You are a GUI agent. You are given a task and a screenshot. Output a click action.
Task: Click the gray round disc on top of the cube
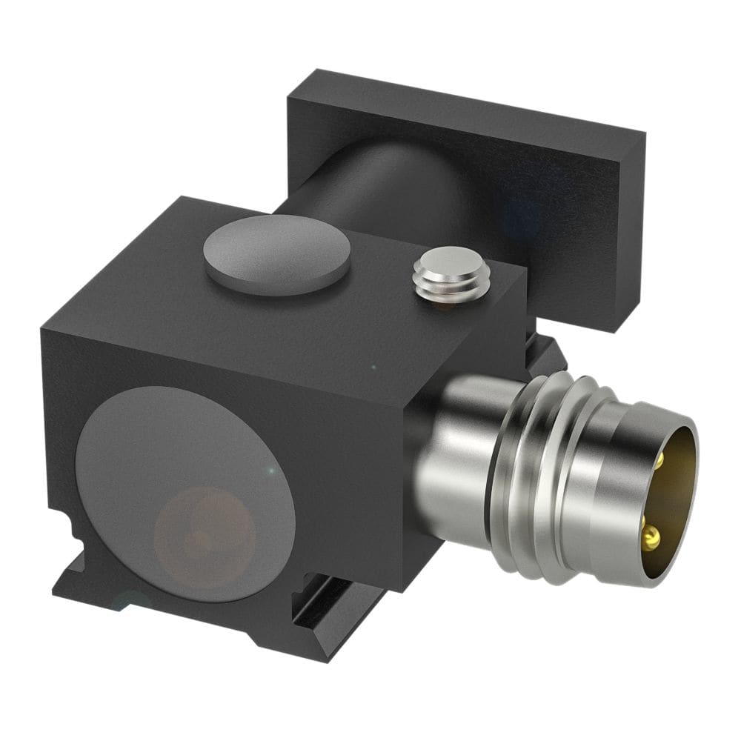pos(276,255)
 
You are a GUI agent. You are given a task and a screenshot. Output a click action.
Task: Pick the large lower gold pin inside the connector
pos(651,535)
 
